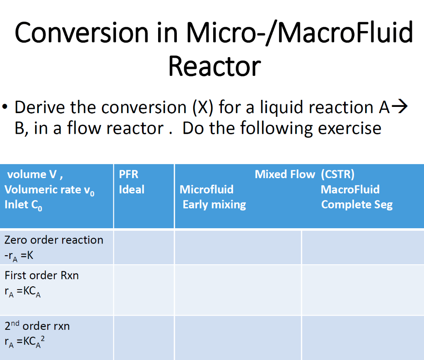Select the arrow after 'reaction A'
coord(399,107)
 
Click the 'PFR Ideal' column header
coord(131,182)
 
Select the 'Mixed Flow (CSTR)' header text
coord(304,174)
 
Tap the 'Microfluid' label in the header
coord(206,190)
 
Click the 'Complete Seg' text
coord(357,205)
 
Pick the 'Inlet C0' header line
coord(23,205)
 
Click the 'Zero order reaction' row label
coord(54,240)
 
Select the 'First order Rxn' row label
coord(41,275)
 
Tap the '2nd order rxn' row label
coord(37,326)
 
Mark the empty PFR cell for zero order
coord(144,247)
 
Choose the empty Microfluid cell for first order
coord(238,290)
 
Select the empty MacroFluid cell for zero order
coord(363,247)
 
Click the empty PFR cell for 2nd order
coord(144,337)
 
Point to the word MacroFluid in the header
coord(350,190)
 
